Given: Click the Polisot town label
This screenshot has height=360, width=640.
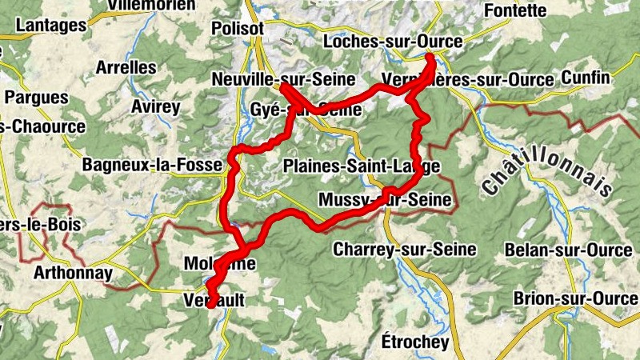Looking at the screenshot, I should coord(238,28).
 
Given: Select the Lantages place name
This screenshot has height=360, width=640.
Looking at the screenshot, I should coord(50,25).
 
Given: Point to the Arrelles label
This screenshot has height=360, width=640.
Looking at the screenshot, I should coord(126,67).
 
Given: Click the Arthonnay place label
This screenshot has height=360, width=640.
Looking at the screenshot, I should coord(73,273).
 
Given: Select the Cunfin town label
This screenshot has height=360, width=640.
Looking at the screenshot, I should coord(586,78).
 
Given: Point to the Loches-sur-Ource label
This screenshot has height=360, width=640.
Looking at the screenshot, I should coord(386,42).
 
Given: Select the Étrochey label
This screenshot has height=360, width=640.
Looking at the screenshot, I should coord(415,342).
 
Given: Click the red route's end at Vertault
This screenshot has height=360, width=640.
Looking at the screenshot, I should coord(210,304).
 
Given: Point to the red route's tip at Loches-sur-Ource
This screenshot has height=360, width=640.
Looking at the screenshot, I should coord(430,57).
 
